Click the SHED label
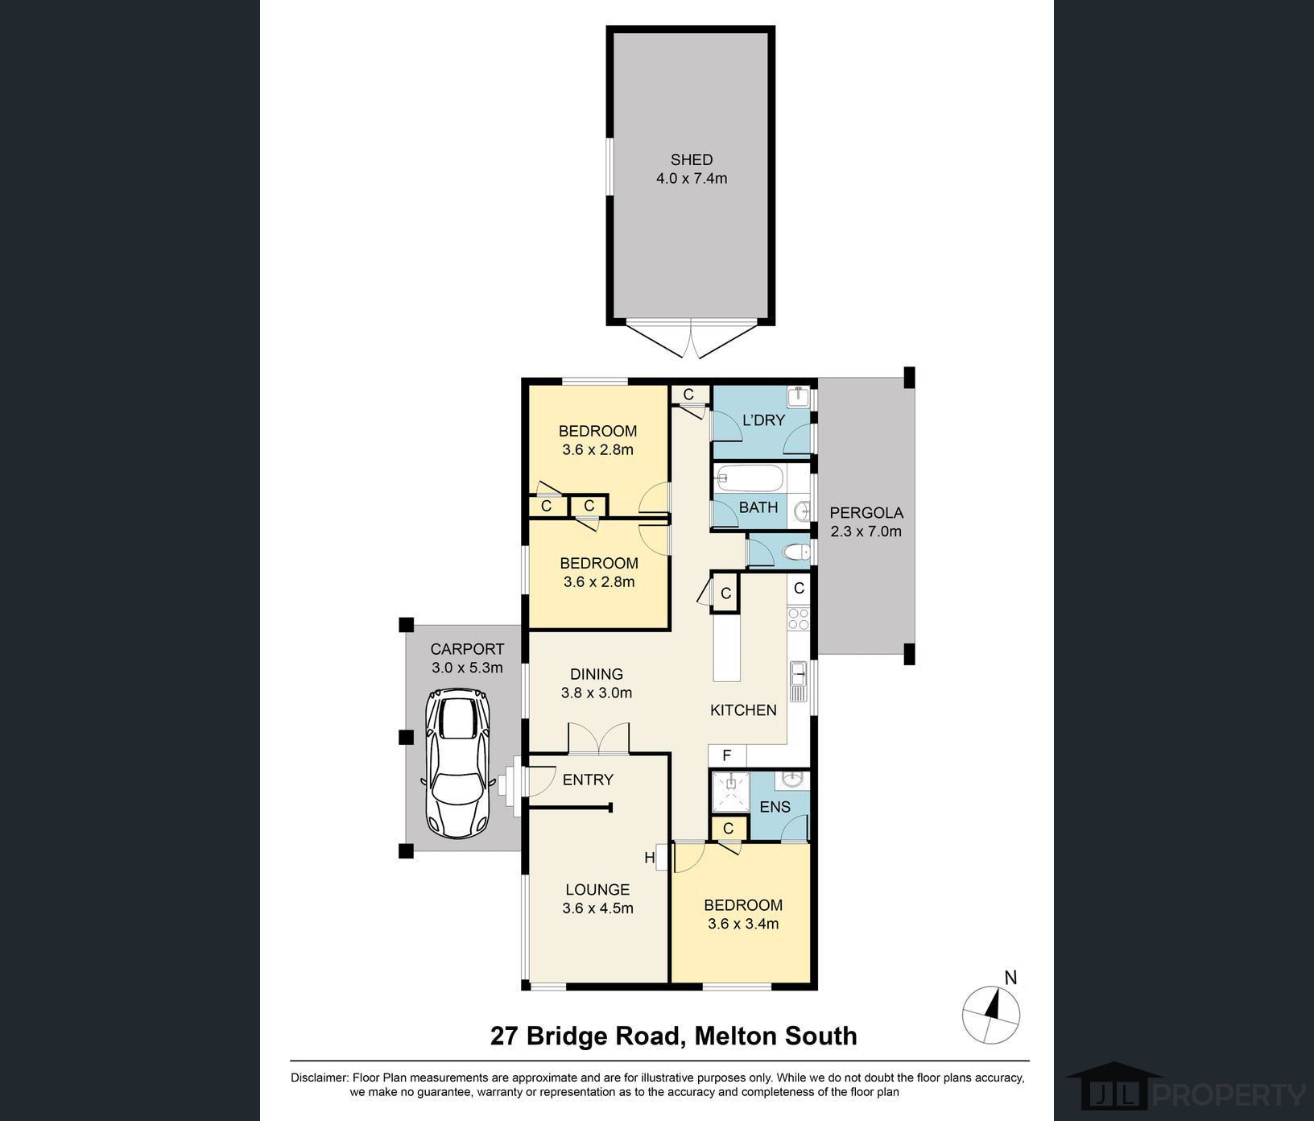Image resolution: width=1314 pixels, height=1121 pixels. coord(692,160)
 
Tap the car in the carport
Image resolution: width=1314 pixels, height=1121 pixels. coord(457,763)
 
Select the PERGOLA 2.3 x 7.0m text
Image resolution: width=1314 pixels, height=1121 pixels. coord(866,522)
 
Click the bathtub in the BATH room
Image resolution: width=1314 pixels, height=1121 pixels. coord(749,478)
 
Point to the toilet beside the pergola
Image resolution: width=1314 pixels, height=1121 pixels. coord(796,552)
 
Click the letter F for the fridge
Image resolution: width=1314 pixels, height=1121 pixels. coord(726,755)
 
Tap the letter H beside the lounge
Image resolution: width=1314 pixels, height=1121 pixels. coord(650,858)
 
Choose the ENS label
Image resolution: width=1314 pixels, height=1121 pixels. coord(775,807)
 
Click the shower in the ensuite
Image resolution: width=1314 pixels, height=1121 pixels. coord(730,792)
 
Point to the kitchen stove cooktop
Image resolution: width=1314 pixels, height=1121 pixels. coord(798,618)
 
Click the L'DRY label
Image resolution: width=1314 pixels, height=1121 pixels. coord(763,420)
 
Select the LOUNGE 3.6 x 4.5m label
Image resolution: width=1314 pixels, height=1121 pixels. coord(597,899)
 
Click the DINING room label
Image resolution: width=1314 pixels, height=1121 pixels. coord(597,674)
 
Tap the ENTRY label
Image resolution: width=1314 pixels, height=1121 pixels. coord(588,780)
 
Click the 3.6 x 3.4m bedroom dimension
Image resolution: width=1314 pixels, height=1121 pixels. coord(743,924)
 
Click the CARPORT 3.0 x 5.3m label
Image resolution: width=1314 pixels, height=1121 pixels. coord(467,658)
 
